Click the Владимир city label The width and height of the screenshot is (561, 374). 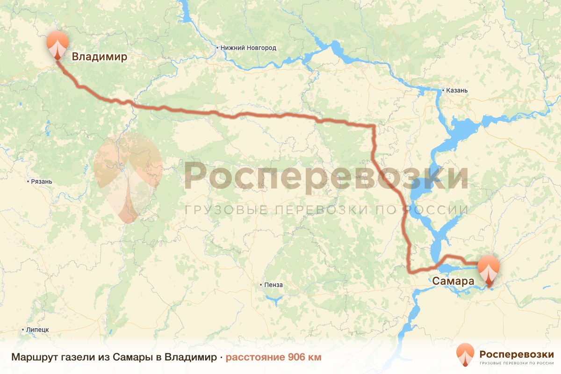99,57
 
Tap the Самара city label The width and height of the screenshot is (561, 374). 453,281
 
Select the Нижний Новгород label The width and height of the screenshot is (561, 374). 249,48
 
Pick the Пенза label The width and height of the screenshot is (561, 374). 273,285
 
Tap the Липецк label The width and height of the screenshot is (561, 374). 38,330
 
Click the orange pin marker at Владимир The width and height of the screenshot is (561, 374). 58,44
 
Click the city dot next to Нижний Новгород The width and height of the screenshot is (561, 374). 217,48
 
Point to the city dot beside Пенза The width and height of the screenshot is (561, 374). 261,285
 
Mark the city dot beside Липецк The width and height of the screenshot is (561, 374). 23,330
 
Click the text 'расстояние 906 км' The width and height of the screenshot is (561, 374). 273,358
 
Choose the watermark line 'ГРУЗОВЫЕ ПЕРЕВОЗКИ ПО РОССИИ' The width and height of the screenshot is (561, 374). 326,210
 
